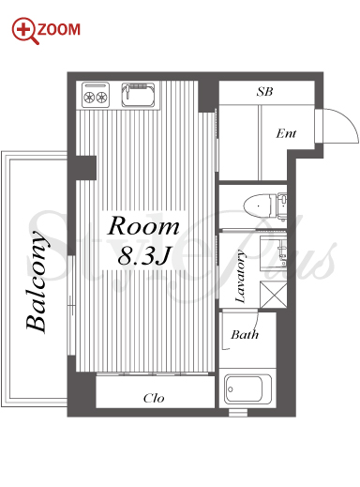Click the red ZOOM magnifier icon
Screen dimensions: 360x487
[x=24, y=30]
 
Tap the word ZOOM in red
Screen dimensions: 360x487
[x=59, y=29]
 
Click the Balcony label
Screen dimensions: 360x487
[x=37, y=282]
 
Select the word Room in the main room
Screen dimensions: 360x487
[x=143, y=226]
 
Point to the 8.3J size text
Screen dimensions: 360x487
[x=143, y=255]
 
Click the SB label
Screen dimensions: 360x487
[x=264, y=91]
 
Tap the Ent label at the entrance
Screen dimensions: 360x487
[x=286, y=133]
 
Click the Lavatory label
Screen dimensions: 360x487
[x=240, y=276]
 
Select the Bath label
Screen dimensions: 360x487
[x=245, y=334]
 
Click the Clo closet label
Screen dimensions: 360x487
[x=154, y=398]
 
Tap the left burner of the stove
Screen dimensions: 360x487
[x=89, y=98]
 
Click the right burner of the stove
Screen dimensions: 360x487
[x=102, y=98]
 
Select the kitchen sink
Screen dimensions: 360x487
[x=138, y=95]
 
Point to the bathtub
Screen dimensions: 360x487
[x=248, y=388]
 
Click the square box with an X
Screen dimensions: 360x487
[x=274, y=295]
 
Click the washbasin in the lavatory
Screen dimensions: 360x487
[x=273, y=252]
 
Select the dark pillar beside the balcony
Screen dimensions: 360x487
[x=86, y=168]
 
